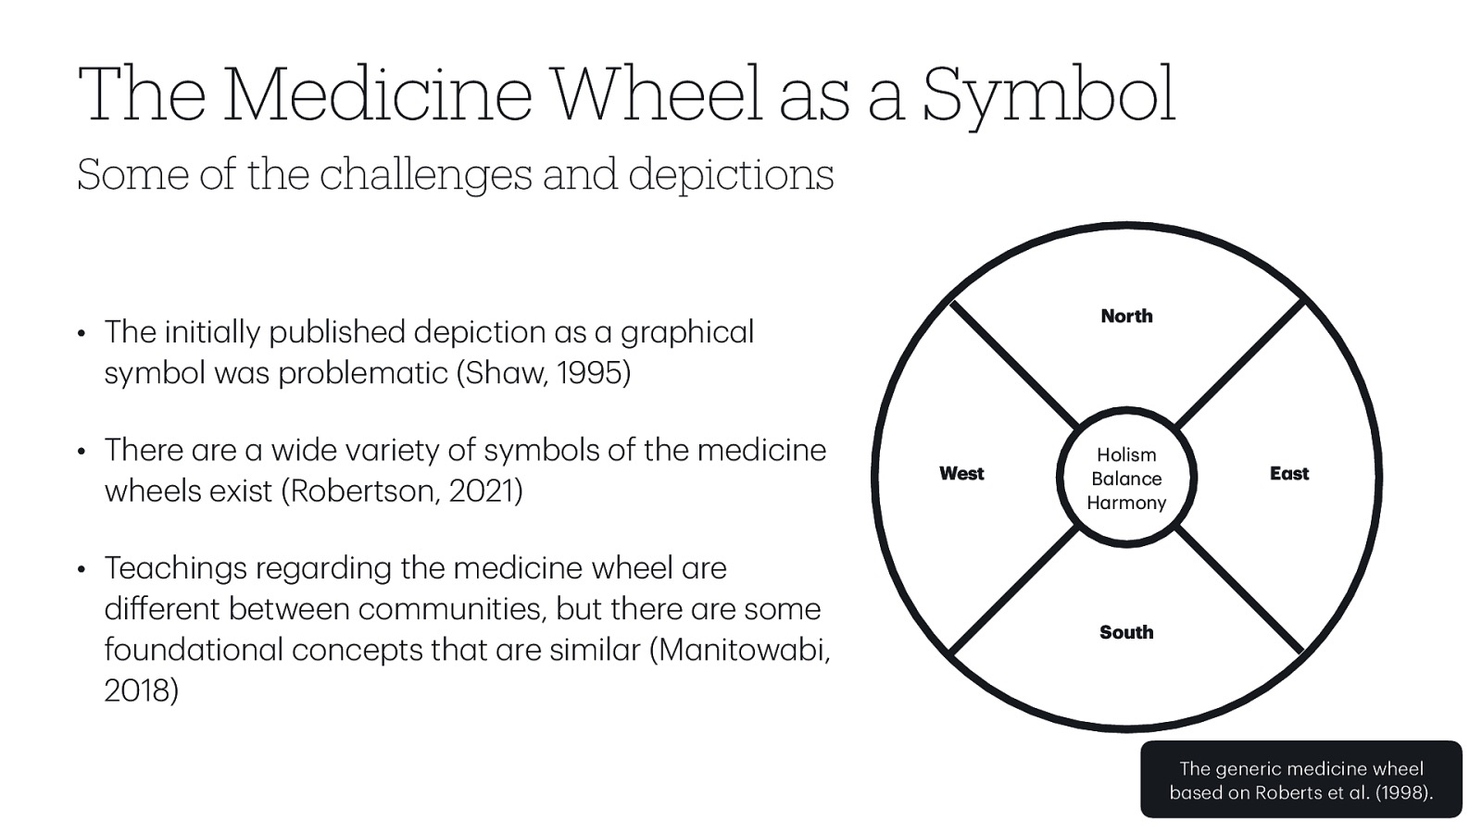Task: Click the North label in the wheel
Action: [x=1126, y=317]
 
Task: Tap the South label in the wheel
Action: [x=1126, y=632]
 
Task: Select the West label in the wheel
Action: [x=961, y=474]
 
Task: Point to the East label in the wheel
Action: [x=1288, y=474]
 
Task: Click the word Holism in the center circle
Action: [x=1126, y=454]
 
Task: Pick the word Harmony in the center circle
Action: [x=1126, y=503]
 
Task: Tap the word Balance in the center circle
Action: [x=1126, y=479]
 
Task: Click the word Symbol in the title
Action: [x=1049, y=94]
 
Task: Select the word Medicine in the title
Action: [x=377, y=94]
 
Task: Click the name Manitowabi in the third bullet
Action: [x=741, y=650]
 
